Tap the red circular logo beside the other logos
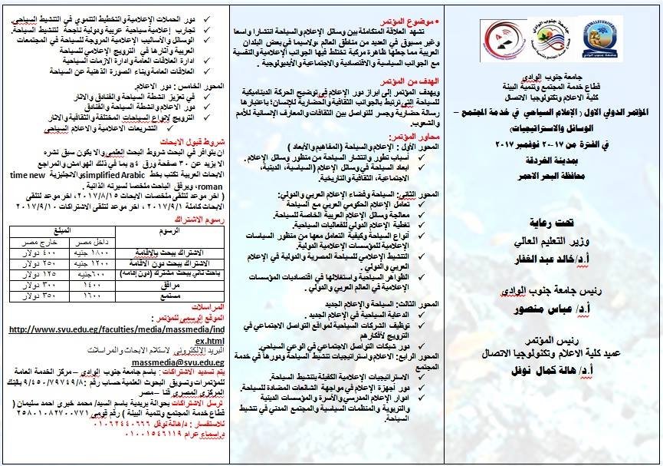click(500, 38)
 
